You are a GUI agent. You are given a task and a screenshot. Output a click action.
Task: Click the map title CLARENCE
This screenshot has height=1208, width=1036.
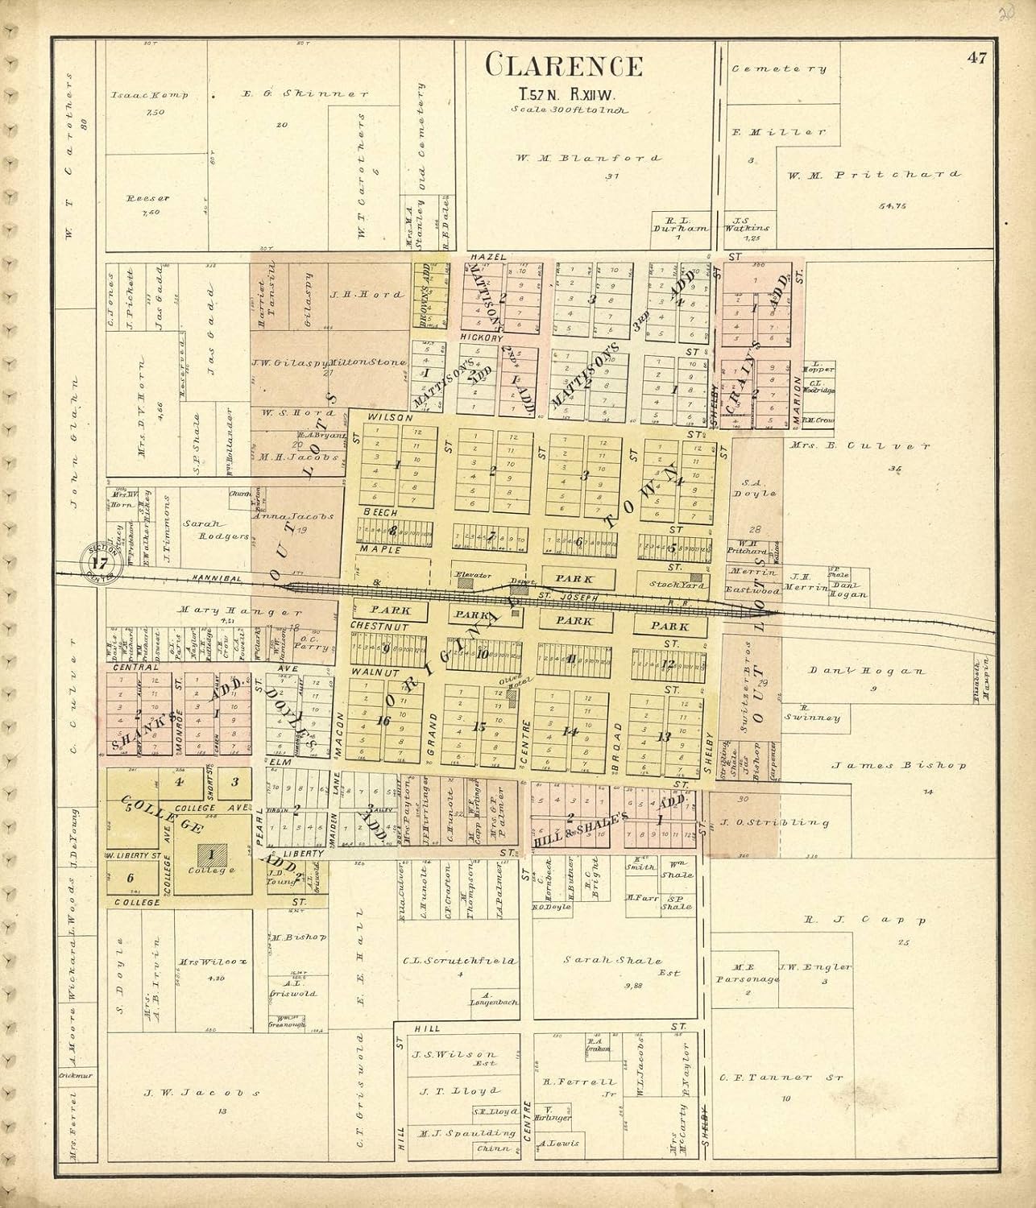(x=564, y=65)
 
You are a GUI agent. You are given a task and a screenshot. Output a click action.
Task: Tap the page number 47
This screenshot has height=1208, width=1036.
(x=978, y=58)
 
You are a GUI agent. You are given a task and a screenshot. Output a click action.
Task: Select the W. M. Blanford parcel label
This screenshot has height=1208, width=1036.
(x=588, y=158)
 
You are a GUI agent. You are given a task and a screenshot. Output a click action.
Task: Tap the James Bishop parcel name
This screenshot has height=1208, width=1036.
(x=898, y=766)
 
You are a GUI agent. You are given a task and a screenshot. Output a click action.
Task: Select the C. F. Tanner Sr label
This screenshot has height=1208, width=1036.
(x=776, y=1077)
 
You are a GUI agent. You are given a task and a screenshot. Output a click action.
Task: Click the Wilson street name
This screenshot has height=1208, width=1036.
(x=390, y=418)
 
